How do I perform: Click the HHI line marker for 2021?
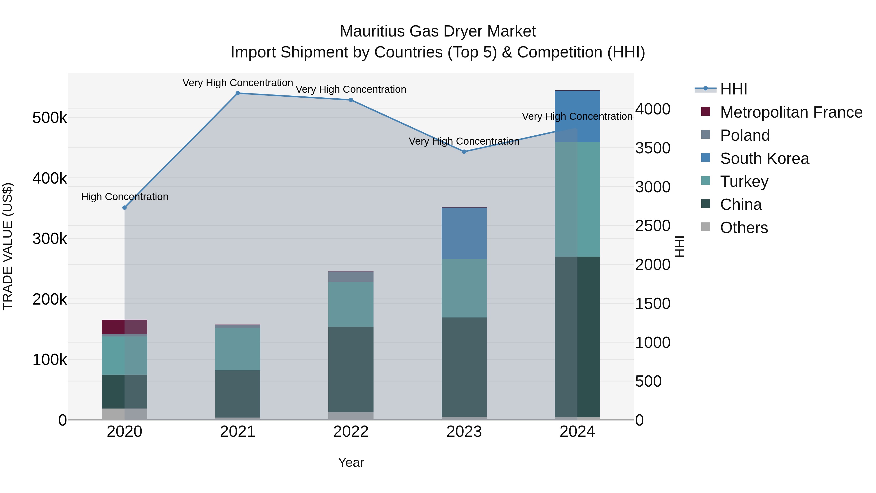pyautogui.click(x=238, y=93)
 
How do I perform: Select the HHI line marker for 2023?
pyautogui.click(x=464, y=152)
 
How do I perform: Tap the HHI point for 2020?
pyautogui.click(x=124, y=207)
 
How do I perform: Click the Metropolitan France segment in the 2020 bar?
pyautogui.click(x=124, y=327)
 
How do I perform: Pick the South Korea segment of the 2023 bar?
pyautogui.click(x=464, y=233)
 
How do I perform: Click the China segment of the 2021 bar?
pyautogui.click(x=238, y=394)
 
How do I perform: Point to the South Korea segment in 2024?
pyautogui.click(x=577, y=116)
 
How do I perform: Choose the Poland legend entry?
pyautogui.click(x=745, y=135)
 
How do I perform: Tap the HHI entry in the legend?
pyautogui.click(x=733, y=89)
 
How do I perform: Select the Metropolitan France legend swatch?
pyautogui.click(x=706, y=112)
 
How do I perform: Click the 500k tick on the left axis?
pyautogui.click(x=50, y=118)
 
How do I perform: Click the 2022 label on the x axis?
pyautogui.click(x=351, y=432)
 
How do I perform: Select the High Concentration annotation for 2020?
pyautogui.click(x=124, y=197)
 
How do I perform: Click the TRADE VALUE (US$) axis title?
pyautogui.click(x=8, y=246)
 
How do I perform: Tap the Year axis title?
pyautogui.click(x=351, y=462)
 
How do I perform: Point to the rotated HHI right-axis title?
pyautogui.click(x=679, y=246)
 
